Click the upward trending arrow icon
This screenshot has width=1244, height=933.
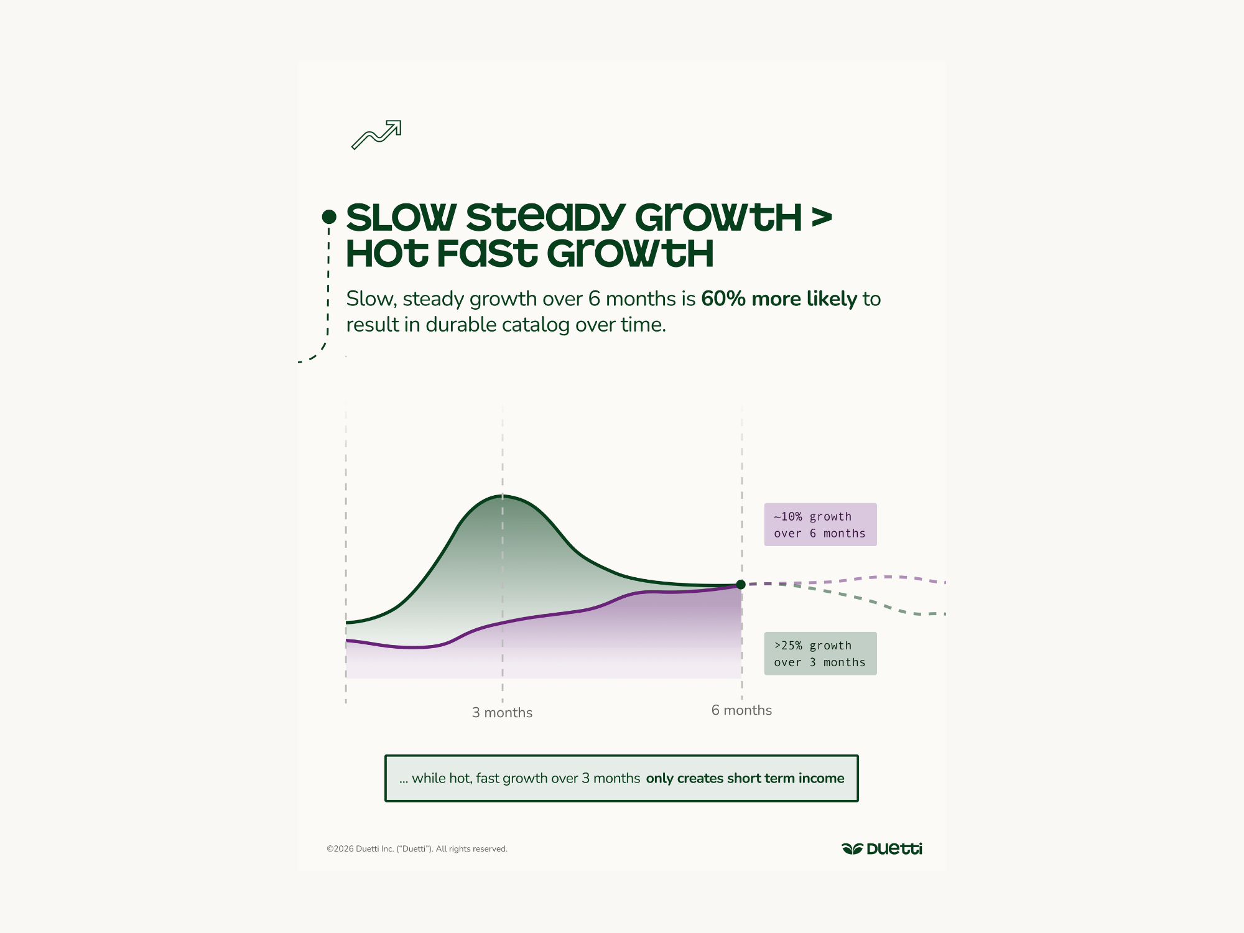(x=376, y=134)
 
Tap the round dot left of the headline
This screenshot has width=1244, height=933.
(x=329, y=216)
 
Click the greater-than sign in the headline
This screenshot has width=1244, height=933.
(x=821, y=218)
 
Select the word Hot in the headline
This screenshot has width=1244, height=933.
(x=387, y=254)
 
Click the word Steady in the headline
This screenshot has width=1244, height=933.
(x=545, y=218)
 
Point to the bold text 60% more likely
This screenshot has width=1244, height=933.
(x=779, y=299)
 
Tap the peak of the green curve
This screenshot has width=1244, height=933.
(x=503, y=496)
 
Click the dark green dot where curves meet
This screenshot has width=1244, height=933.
(x=741, y=585)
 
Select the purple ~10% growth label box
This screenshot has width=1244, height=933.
(x=820, y=524)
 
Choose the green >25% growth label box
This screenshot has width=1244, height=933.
(x=820, y=654)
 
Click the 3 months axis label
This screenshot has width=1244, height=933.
(x=502, y=713)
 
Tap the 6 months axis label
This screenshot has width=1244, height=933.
(x=741, y=710)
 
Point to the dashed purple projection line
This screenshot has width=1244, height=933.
(x=883, y=577)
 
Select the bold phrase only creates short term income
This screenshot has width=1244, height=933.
(x=745, y=779)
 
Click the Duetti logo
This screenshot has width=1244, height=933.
(x=882, y=849)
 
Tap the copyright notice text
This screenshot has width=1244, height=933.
(x=417, y=849)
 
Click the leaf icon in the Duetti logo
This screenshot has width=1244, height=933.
(x=852, y=849)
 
